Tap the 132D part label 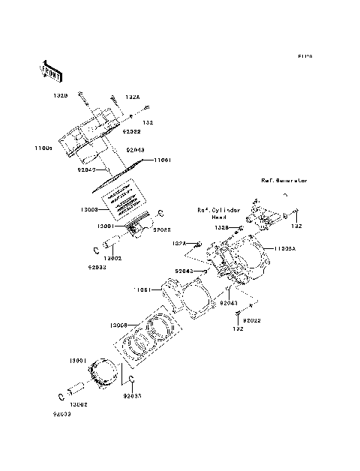(x=61, y=96)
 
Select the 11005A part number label (x=283, y=248)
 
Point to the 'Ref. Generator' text (x=284, y=181)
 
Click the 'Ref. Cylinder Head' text (x=219, y=214)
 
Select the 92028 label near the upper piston (x=163, y=230)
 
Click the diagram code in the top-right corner (x=304, y=56)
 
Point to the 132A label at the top (x=132, y=97)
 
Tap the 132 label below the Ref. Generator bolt (x=297, y=226)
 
